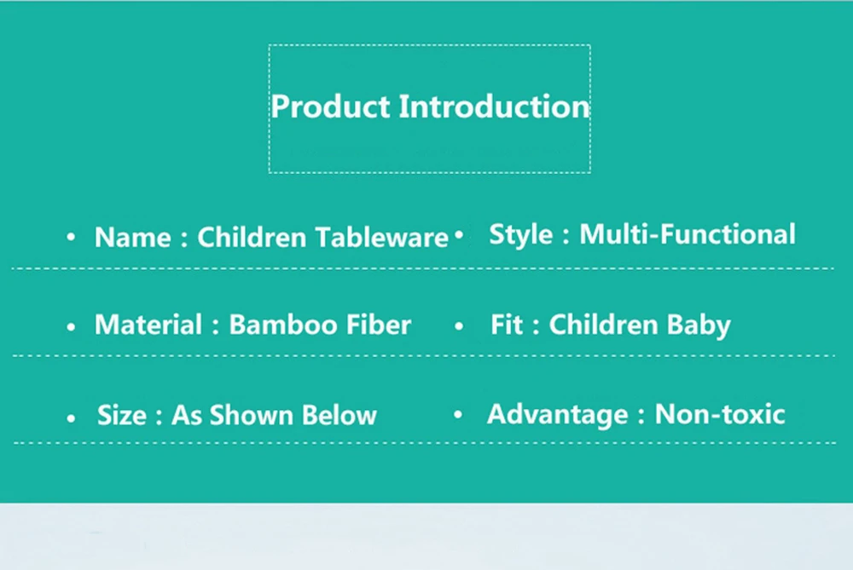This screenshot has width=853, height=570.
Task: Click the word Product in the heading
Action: (x=331, y=106)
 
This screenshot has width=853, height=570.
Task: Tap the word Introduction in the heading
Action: (x=495, y=106)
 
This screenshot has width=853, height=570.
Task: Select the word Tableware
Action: (x=382, y=238)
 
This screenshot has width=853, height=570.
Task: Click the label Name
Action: (x=133, y=238)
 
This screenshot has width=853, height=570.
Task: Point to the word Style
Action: (x=520, y=235)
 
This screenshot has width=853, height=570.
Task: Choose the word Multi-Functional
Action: (x=688, y=234)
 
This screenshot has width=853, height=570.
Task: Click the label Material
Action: (x=148, y=325)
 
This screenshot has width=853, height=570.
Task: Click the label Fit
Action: (x=507, y=325)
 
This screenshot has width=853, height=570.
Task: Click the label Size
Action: (x=122, y=415)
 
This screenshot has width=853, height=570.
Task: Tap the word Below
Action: (x=339, y=415)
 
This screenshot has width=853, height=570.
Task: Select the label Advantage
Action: (x=558, y=415)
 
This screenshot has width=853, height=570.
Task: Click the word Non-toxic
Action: (x=720, y=414)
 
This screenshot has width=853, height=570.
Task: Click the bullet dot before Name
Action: (x=71, y=237)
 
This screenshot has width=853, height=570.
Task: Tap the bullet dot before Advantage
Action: (x=458, y=415)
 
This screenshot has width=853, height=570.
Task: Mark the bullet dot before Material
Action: (x=71, y=326)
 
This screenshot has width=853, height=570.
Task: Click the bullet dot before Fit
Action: (x=459, y=326)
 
